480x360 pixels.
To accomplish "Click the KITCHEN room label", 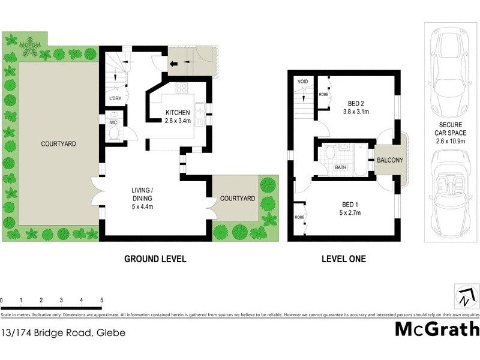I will pos(178,113).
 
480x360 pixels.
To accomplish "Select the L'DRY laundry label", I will pos(115,99).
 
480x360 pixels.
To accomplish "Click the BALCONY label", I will pos(390,160).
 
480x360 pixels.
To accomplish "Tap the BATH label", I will pos(341,167).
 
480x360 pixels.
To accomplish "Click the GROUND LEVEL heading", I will pos(155,259).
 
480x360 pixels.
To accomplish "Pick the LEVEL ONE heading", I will pos(344,259).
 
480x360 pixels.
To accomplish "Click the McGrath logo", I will pos(437,329).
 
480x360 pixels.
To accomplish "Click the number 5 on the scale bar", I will pos(101,299).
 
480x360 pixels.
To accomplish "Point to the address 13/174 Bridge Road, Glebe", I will pos(63,332).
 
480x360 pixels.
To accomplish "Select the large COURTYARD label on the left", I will pos(58,144).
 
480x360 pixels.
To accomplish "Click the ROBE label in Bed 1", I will pos(298,217).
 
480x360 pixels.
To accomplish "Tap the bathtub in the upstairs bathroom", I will pos(360,159).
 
